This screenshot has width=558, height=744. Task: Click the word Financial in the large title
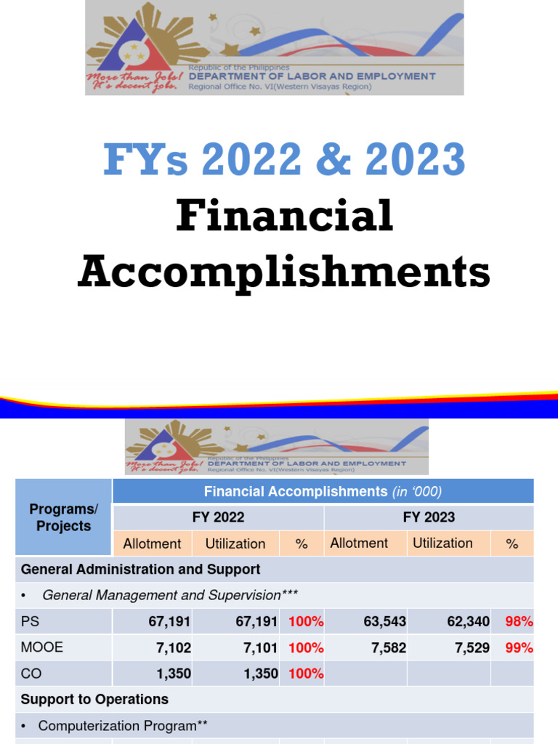(x=284, y=216)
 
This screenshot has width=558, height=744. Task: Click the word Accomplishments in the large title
(x=284, y=272)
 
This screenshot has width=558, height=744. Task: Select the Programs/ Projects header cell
(x=64, y=517)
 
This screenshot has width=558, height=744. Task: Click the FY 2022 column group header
(x=218, y=517)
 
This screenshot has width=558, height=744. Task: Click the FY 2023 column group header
(x=429, y=517)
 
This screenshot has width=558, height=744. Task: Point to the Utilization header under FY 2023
(x=442, y=543)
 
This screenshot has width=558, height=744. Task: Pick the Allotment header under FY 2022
(x=152, y=543)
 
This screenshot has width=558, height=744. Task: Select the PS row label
(x=31, y=621)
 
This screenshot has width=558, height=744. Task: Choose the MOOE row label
(x=42, y=647)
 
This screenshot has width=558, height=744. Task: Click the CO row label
(x=31, y=674)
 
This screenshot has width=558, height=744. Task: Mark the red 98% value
(x=519, y=621)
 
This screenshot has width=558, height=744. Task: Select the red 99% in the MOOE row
(x=519, y=647)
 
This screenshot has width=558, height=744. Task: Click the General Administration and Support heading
(x=140, y=569)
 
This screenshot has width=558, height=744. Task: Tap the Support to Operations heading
(x=94, y=699)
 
